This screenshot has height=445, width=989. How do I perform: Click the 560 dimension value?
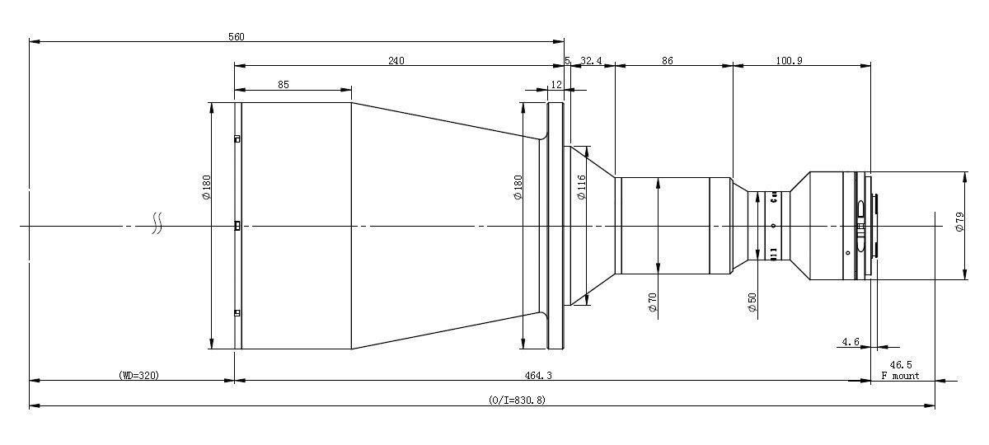[235, 36]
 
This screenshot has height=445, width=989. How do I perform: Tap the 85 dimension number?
[283, 84]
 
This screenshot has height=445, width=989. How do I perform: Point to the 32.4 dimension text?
[592, 60]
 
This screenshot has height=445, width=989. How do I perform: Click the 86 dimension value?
[668, 60]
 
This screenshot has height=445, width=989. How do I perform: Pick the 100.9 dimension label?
[789, 60]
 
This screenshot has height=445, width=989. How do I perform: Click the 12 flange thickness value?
[556, 84]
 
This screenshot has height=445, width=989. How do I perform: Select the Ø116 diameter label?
[581, 188]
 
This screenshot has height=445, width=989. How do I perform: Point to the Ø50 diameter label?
[752, 302]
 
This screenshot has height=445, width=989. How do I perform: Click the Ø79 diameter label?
[959, 222]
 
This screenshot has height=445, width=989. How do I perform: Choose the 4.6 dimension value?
[851, 340]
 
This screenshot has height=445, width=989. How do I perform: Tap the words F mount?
[900, 375]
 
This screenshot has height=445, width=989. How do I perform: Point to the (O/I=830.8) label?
[517, 400]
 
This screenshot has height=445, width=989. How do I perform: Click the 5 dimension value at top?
[567, 60]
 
